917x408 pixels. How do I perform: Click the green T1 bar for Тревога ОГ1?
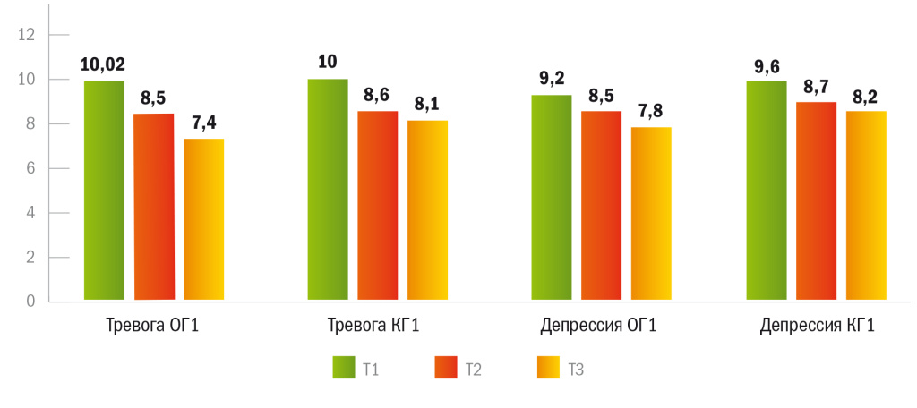(x=104, y=191)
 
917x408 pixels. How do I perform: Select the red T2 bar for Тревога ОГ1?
(x=154, y=207)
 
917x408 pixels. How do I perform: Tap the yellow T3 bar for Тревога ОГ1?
(x=204, y=219)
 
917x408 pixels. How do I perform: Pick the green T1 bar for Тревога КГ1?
(x=328, y=189)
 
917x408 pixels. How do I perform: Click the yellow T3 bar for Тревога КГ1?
(x=428, y=210)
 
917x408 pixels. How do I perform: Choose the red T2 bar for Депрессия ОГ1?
(x=602, y=206)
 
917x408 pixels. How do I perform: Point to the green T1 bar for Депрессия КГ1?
(x=767, y=191)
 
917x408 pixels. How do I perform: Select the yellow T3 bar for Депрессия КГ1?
(x=867, y=206)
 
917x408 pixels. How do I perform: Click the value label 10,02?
(x=103, y=64)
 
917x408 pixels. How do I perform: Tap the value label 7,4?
(x=204, y=122)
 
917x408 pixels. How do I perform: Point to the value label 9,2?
(x=552, y=78)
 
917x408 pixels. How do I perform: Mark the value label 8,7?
(x=817, y=86)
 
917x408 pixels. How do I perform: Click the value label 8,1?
(x=428, y=104)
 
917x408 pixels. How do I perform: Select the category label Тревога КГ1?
(x=374, y=325)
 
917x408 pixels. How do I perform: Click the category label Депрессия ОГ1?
(x=599, y=325)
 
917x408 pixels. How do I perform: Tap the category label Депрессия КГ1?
(x=818, y=325)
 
